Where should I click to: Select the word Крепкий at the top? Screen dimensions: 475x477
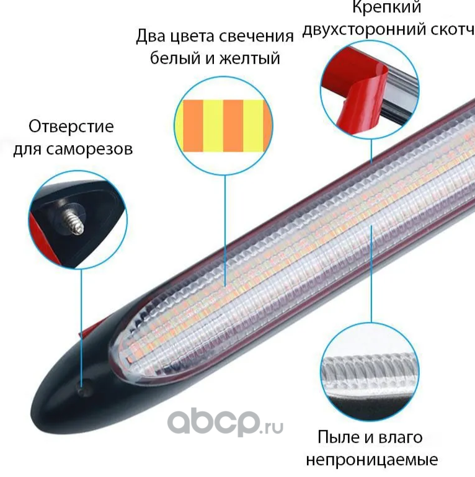[x=387, y=7]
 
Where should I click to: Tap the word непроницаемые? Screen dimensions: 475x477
[x=371, y=460]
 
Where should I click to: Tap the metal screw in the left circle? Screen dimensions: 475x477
[x=73, y=218]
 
